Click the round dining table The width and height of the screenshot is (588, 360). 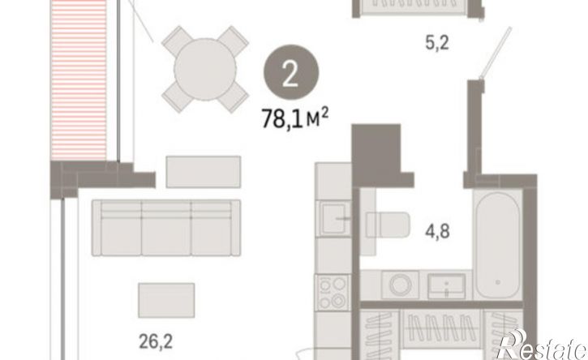205,69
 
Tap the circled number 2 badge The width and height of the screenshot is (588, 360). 291,72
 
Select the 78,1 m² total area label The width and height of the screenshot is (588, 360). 295,118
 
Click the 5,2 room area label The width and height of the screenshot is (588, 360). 437,43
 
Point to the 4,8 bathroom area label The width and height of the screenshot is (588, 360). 437,231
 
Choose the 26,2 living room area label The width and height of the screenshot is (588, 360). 156,341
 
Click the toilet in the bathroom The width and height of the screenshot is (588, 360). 388,225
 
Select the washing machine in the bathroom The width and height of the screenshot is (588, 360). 400,285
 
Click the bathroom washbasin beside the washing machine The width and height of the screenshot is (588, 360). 446,285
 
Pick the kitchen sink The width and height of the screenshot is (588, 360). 334,219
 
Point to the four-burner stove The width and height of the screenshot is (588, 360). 333,293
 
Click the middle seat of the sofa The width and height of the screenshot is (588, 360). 166,228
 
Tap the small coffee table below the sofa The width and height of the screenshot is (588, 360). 166,300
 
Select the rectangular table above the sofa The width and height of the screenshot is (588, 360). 204,172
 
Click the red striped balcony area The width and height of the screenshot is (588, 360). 79,79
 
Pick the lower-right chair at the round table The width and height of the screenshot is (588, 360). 234,98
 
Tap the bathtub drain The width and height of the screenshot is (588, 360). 498,282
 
